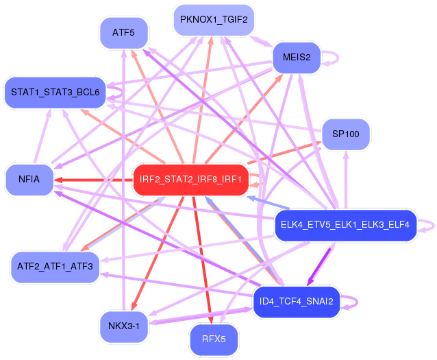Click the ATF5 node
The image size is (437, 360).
point(123,32)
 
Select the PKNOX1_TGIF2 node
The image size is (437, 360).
point(214,20)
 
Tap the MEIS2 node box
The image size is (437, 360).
point(296,58)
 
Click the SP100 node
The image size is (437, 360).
point(345,134)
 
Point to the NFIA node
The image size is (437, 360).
point(29,180)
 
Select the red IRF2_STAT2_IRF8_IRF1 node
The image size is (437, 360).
point(190,180)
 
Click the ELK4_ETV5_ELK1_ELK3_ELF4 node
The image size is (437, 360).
point(345,225)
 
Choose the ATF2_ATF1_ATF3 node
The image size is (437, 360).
point(55,265)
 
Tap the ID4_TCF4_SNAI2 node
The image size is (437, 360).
point(297,301)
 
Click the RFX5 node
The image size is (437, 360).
point(214,339)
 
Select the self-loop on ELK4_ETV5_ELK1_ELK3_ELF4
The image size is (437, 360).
point(428,225)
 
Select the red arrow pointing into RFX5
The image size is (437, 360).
point(205,261)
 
